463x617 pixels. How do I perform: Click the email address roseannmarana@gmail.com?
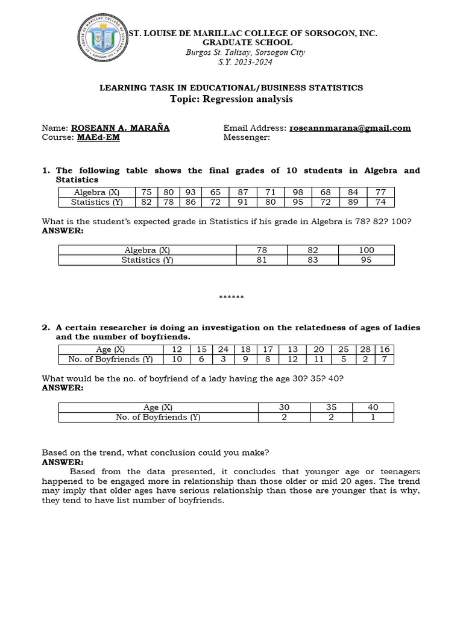pyautogui.click(x=350, y=128)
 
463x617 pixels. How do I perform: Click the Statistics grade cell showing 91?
pyautogui.click(x=244, y=202)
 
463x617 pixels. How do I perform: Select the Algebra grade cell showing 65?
pyautogui.click(x=216, y=192)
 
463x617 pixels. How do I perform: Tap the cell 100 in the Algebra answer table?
pyautogui.click(x=366, y=250)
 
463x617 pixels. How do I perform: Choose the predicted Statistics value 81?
pyautogui.click(x=262, y=260)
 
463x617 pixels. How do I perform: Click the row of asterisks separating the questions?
pyautogui.click(x=231, y=298)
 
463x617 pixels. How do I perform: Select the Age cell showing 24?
pyautogui.click(x=223, y=349)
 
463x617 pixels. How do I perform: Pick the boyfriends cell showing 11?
pyautogui.click(x=319, y=359)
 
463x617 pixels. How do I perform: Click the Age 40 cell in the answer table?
pyautogui.click(x=373, y=407)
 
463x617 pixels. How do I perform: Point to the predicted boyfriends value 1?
pyautogui.click(x=373, y=417)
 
